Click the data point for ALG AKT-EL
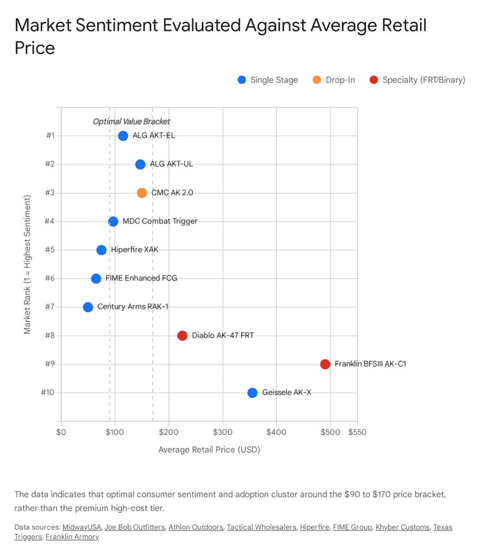click(x=123, y=136)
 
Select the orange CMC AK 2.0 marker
click(x=142, y=193)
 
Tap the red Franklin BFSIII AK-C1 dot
click(x=325, y=364)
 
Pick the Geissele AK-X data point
click(x=252, y=393)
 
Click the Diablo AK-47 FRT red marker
click(x=182, y=336)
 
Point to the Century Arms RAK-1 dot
click(x=88, y=307)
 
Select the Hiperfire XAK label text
click(x=135, y=250)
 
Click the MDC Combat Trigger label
click(x=160, y=221)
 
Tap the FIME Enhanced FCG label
click(x=141, y=279)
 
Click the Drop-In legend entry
click(x=334, y=80)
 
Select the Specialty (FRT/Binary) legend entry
click(x=417, y=80)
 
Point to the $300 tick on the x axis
click(x=223, y=433)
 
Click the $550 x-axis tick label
click(x=357, y=433)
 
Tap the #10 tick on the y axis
click(x=48, y=393)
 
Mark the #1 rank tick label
click(x=50, y=136)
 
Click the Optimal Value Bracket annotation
click(x=131, y=122)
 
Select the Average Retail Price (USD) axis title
click(x=209, y=450)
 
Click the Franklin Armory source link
click(x=72, y=537)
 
